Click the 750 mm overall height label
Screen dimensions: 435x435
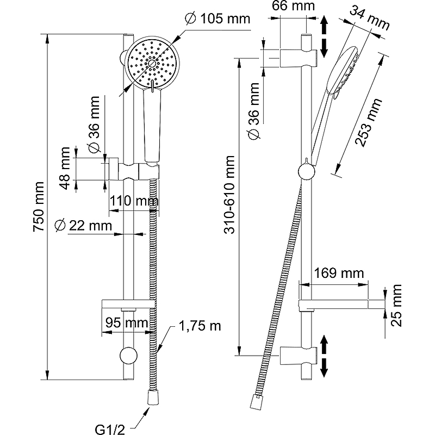(39, 207)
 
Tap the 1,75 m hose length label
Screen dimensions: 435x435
(201, 326)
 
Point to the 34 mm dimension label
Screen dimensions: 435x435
(370, 18)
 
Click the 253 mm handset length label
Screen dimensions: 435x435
(369, 122)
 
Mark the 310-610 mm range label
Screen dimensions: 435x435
(231, 195)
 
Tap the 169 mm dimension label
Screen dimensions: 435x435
(338, 272)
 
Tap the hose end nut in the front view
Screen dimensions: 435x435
(152, 399)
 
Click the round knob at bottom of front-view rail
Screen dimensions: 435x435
(129, 356)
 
